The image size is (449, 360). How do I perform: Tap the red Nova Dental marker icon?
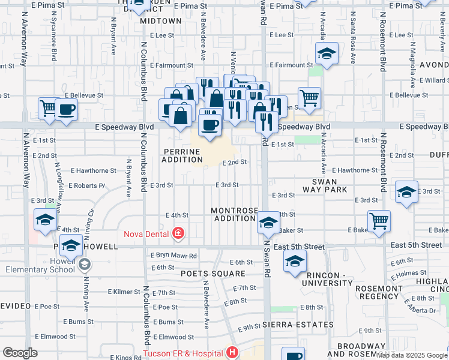pos(178,233)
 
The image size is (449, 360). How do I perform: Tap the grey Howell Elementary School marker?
pos(85,263)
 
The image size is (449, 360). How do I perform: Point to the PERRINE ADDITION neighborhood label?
pos(182,155)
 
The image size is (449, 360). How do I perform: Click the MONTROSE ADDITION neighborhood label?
pos(234,214)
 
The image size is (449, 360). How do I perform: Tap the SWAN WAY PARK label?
pos(329,185)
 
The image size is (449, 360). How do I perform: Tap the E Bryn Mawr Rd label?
pos(173,256)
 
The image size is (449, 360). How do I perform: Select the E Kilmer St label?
pos(124,292)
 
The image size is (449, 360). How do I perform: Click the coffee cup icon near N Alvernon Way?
pos(67,109)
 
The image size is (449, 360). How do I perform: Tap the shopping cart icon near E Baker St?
pos(379,221)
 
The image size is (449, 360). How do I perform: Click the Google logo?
pos(20,353)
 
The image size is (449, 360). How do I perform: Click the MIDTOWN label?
pos(161,20)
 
